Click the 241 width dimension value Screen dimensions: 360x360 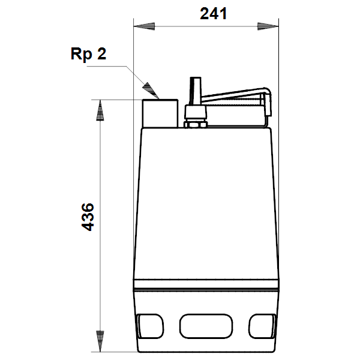(x=213, y=14)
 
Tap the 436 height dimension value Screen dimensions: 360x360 (x=88, y=217)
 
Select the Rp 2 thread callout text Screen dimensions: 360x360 (x=88, y=54)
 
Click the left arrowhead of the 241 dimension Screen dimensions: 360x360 (x=144, y=26)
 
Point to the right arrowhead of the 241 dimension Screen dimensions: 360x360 (x=268, y=26)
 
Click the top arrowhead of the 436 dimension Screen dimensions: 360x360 (x=100, y=110)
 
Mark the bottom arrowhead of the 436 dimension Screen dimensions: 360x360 (x=100, y=341)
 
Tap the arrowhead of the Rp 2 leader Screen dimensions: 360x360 (x=151, y=91)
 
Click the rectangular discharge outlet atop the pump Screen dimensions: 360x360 (x=160, y=113)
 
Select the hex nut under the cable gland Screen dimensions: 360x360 (x=196, y=125)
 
